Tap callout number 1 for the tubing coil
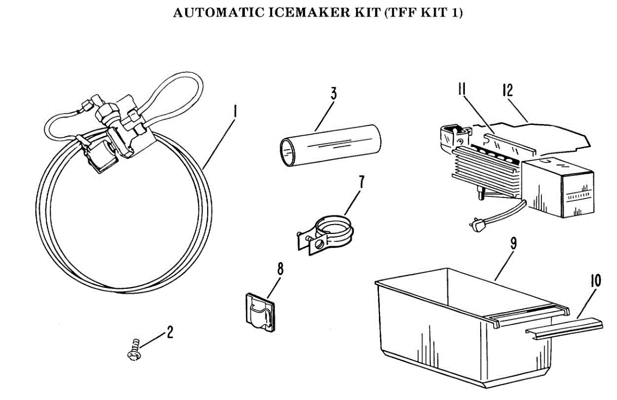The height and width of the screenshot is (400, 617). pyautogui.click(x=234, y=111)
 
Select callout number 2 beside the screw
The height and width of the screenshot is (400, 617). pyautogui.click(x=169, y=333)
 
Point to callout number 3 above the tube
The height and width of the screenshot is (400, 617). pyautogui.click(x=334, y=94)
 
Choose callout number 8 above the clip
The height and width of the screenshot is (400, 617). pyautogui.click(x=280, y=269)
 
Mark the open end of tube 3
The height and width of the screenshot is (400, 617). pyautogui.click(x=287, y=151)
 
